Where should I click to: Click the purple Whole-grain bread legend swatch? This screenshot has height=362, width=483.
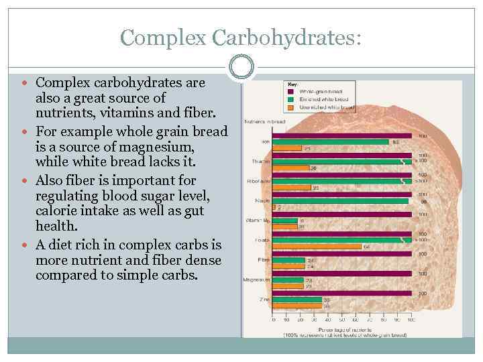291,90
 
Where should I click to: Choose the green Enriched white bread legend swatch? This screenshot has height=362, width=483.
291,99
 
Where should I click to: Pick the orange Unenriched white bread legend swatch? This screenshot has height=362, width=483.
291,107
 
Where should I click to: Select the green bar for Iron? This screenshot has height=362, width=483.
330,141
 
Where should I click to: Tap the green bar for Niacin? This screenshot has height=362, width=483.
340,200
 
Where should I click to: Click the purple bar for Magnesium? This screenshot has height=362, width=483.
341,274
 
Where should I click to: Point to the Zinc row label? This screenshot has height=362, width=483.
264,299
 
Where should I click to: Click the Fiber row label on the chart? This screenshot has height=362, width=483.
264,259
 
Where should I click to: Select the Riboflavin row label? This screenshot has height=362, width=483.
259,181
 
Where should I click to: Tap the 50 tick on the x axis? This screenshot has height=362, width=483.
342,320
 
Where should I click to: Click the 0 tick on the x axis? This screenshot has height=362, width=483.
274,320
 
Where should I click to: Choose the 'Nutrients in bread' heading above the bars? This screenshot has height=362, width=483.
264,121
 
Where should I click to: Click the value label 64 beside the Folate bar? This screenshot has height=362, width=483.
366,246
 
